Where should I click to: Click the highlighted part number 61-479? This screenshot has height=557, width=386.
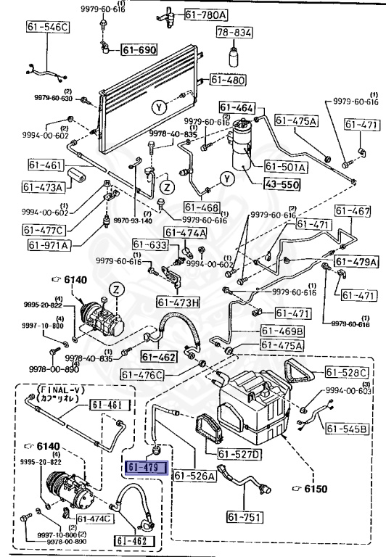coord(147,468)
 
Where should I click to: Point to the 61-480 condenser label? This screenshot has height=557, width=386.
coord(227,80)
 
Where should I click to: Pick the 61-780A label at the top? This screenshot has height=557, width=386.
coord(205,15)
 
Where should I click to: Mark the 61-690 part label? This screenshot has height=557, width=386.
coord(139,49)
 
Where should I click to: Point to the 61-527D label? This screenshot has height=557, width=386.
coord(240,455)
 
